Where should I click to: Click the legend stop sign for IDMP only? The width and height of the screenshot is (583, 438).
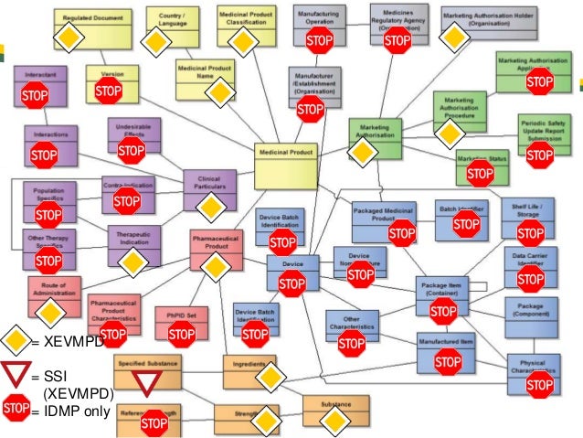coord(16,410)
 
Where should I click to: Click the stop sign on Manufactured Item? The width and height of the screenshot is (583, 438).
coord(448,364)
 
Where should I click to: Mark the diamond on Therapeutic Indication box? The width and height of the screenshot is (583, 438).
coord(132,262)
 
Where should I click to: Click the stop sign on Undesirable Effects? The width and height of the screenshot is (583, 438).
coord(132,150)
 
